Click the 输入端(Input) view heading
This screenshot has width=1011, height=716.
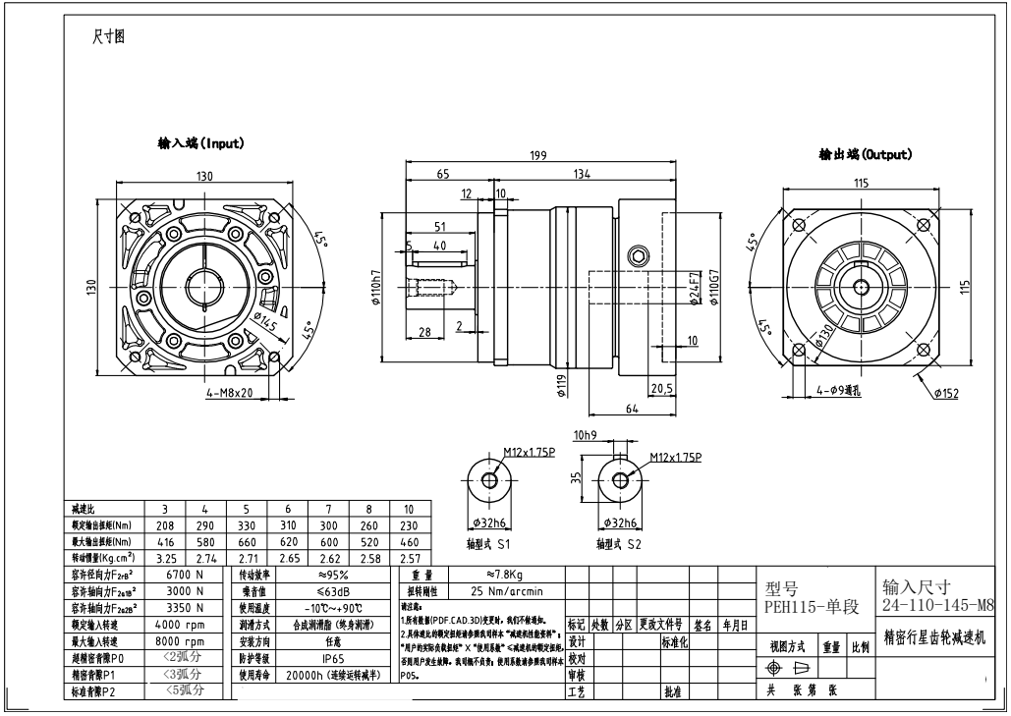click(201, 143)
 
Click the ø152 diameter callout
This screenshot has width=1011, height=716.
click(946, 393)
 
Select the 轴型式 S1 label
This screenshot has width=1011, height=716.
click(488, 541)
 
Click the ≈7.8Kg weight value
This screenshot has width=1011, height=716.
click(504, 574)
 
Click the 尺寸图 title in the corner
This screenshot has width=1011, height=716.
click(108, 38)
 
